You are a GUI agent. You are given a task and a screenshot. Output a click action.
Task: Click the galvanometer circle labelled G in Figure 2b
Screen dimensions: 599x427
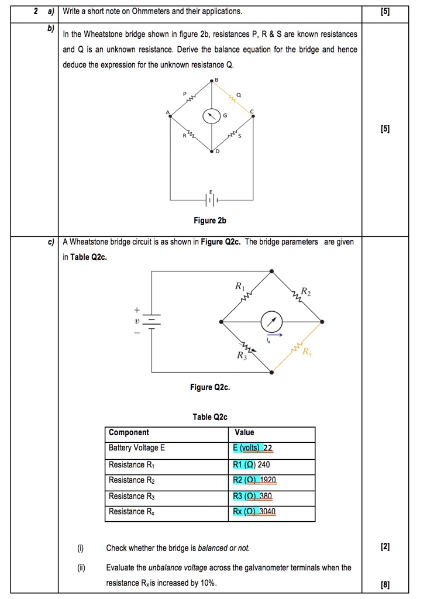(x=211, y=116)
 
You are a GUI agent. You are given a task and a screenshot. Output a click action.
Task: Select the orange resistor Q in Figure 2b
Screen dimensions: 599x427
(x=232, y=101)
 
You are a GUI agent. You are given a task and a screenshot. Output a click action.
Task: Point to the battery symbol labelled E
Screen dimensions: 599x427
(x=211, y=200)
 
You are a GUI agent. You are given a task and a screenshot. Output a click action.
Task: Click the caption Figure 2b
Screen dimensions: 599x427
(x=209, y=221)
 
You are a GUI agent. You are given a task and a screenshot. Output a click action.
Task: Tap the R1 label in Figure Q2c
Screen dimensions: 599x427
(x=239, y=286)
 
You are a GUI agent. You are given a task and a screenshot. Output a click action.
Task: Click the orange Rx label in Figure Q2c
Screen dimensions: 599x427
(x=308, y=352)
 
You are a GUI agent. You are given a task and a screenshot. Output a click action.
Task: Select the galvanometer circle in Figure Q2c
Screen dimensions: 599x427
(x=271, y=321)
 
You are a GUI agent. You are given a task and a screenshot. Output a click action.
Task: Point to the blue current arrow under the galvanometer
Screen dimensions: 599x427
(x=275, y=336)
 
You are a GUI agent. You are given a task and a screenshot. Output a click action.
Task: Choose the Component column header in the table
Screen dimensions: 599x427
(x=129, y=433)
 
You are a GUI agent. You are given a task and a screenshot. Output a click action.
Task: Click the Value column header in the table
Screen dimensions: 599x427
(x=244, y=433)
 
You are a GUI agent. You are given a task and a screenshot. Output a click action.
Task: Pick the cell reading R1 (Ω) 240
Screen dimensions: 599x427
(x=252, y=464)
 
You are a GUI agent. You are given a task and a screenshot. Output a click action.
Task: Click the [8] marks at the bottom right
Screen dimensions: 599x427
(x=384, y=584)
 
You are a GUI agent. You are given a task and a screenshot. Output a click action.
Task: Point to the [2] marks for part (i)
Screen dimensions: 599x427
(x=384, y=548)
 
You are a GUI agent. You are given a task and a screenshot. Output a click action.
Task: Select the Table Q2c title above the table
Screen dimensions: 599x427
(x=209, y=417)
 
